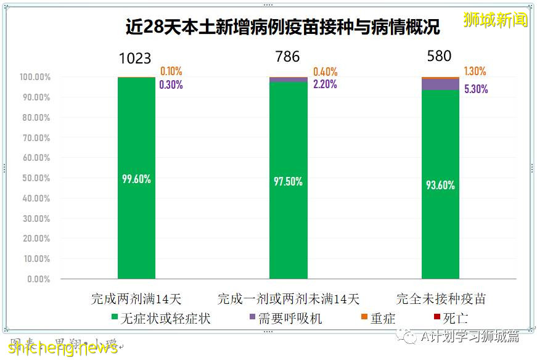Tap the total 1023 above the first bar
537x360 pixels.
(135, 59)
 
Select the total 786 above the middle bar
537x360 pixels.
(287, 57)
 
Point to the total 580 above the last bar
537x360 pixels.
(439, 57)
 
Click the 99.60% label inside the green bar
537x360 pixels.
(136, 179)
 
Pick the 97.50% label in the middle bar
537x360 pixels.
(288, 182)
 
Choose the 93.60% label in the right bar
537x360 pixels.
(440, 184)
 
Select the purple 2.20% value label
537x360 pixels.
(325, 84)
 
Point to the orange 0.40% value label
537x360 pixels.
(325, 72)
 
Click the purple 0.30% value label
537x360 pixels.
(171, 85)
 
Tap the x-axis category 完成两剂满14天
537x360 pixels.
(136, 300)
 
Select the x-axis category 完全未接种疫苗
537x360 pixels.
(441, 300)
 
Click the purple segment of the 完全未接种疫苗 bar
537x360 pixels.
(440, 85)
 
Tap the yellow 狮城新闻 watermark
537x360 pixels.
(495, 20)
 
